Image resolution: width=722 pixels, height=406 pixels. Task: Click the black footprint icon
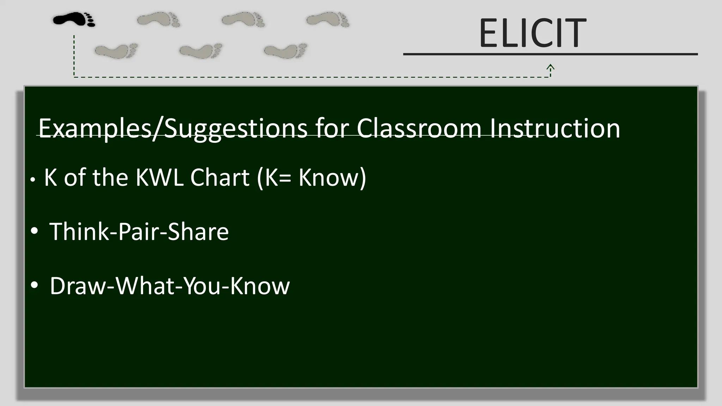pos(74,19)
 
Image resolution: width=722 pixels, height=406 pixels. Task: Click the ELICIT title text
pos(532,33)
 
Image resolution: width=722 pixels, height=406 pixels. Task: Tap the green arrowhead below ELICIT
pos(550,67)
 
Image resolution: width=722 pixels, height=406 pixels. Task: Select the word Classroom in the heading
pos(419,129)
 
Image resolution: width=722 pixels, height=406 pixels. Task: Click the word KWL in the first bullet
pos(159,177)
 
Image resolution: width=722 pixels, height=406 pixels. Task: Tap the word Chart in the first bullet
pos(220,177)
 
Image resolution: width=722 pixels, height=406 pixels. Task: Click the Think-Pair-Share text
pos(139,232)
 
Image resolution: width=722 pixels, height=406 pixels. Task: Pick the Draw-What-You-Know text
pos(170,286)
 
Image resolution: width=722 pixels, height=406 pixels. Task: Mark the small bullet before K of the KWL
pos(33,180)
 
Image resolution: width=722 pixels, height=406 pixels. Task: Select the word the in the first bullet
pos(110,177)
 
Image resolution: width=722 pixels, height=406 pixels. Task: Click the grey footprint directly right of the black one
pos(159,19)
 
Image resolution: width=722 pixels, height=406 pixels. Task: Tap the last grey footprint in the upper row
pos(328,19)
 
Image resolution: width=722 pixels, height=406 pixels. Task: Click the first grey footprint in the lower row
pos(116,51)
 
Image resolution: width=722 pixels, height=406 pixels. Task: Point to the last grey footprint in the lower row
pos(286,51)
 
